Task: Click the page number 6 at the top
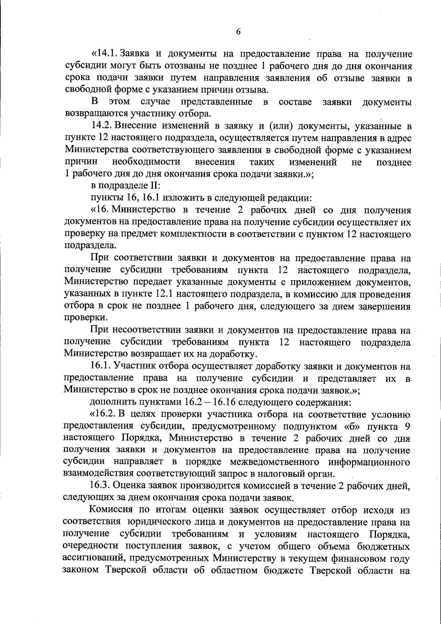pos(238,32)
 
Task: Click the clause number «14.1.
pos(104,55)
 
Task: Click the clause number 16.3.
pos(101,486)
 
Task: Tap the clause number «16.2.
pos(103,414)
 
